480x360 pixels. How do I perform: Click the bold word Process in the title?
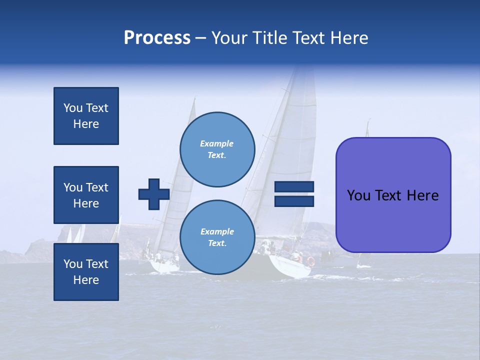pos(157,38)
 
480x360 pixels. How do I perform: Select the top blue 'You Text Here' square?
pos(86,116)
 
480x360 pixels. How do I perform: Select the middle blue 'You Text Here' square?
pos(86,195)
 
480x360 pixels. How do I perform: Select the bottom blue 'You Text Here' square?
pos(86,272)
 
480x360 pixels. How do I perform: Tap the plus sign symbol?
pos(154,194)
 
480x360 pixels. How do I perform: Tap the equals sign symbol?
pos(294,194)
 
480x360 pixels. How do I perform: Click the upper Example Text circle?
pos(217,149)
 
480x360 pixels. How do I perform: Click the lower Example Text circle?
pos(217,237)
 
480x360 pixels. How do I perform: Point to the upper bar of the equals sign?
pos(294,187)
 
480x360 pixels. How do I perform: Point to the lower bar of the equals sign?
pos(294,201)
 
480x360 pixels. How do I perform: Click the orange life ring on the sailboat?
pos(311,261)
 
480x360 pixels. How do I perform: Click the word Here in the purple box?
pos(422,195)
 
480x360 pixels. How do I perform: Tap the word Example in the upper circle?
pos(217,143)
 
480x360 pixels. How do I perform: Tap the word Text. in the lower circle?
pos(217,243)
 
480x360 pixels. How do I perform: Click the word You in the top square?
pos(73,108)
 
